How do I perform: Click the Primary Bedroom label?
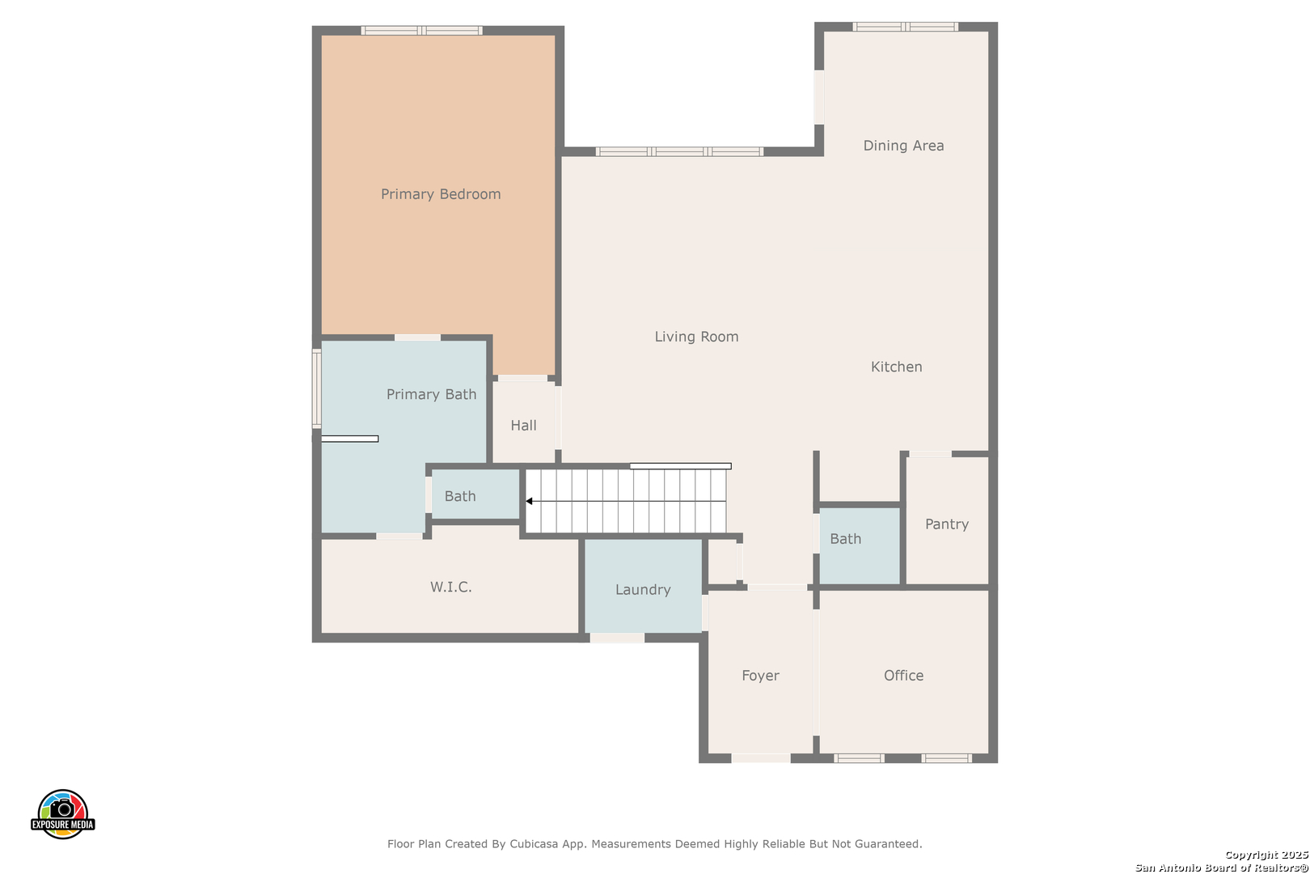coord(441,194)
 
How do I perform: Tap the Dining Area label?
coord(903,146)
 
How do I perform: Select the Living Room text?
coord(696,337)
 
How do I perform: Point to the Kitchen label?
coord(897,367)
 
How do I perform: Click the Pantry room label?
coord(947,524)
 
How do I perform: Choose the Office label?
coord(903,676)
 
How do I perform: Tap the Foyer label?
coord(760,676)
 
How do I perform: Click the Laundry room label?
coord(643,590)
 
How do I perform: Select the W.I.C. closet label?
coord(451,588)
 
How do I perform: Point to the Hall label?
coord(523,426)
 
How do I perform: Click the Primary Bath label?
coord(432,395)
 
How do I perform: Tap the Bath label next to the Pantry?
coord(846,539)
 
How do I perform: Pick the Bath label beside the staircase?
coord(460,496)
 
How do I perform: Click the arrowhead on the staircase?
coord(529,501)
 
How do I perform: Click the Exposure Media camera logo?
coord(62,814)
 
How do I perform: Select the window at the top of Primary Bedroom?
coord(421,31)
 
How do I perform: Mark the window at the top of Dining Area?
coord(906,27)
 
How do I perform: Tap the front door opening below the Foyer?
coord(761,758)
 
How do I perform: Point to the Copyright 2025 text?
coord(1266,855)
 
